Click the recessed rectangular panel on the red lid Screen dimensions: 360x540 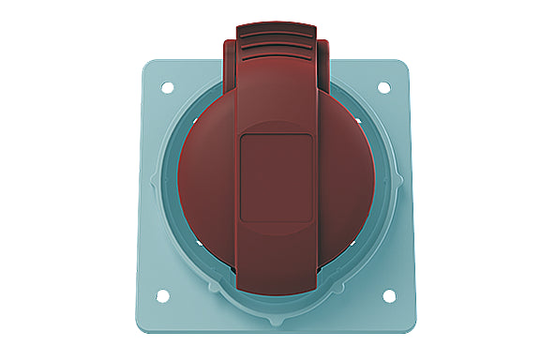pyautogui.click(x=276, y=177)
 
